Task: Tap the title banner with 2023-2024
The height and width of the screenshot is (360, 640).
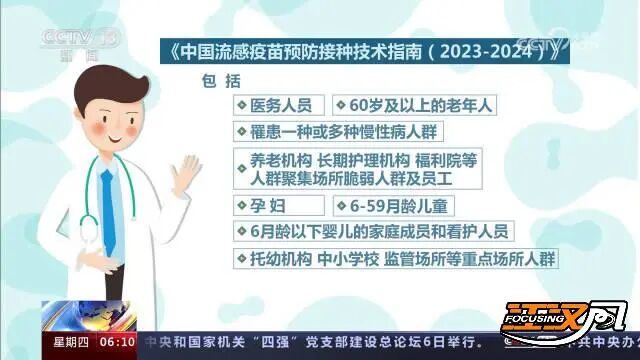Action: [363, 50]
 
